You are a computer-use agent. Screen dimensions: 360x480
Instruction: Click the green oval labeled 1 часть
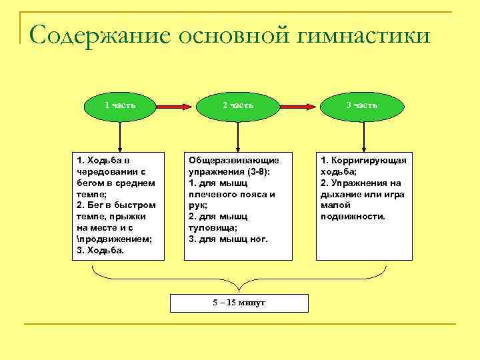click(x=120, y=105)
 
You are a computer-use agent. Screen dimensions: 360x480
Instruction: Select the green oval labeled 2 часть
click(x=237, y=105)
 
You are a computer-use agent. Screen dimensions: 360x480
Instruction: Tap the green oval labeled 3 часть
click(x=362, y=105)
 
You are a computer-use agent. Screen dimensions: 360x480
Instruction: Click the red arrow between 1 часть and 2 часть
click(x=175, y=105)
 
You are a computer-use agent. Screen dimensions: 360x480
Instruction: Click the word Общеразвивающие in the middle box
click(x=233, y=161)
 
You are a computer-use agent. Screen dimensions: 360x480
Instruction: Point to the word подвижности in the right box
click(x=353, y=216)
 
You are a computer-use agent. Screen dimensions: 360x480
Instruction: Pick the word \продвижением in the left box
click(x=115, y=239)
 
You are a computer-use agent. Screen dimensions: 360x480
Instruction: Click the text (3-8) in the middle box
click(x=251, y=171)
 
